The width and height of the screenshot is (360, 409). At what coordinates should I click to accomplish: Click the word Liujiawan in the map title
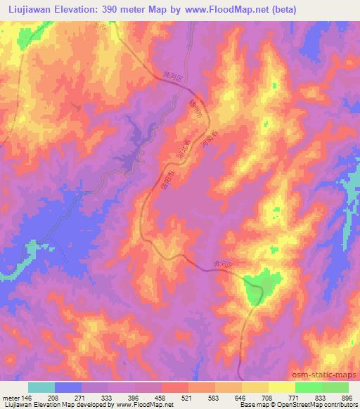[30, 10]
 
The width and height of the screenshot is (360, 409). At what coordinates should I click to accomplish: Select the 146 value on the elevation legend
[26, 398]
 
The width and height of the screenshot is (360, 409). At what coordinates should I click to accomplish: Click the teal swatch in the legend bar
[41, 387]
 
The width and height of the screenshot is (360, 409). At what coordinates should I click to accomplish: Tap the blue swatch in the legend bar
[68, 387]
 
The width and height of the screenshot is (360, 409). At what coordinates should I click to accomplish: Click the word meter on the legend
[10, 398]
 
